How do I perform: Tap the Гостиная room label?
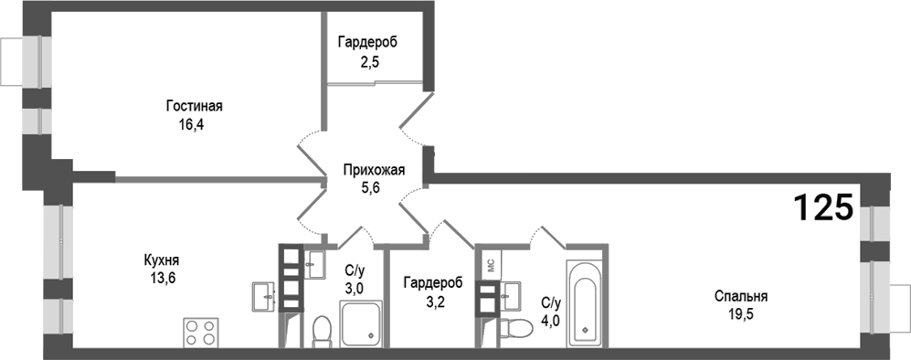[x=195, y=107]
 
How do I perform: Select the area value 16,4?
[x=190, y=125]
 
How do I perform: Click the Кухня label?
[x=160, y=259]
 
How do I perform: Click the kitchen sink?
[x=263, y=294]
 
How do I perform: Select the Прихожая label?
[x=374, y=168]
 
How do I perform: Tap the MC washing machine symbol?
[x=489, y=264]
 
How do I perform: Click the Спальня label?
[x=741, y=296]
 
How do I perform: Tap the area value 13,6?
[x=159, y=278]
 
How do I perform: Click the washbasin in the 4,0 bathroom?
[x=511, y=295]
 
